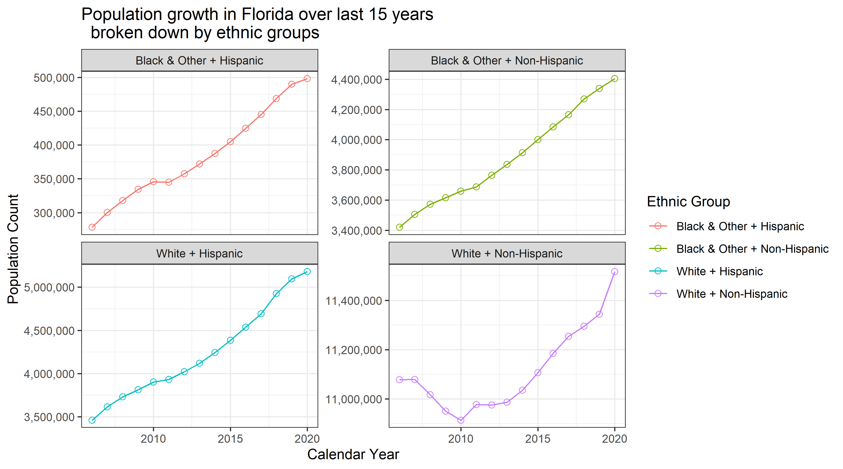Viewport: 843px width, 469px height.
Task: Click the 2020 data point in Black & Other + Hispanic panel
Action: (x=307, y=79)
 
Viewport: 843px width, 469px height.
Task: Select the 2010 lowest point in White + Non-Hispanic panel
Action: (x=461, y=420)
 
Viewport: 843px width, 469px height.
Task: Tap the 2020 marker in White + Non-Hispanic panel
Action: (x=615, y=272)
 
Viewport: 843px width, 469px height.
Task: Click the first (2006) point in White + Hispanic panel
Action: (x=92, y=420)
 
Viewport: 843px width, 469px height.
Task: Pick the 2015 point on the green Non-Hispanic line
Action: (x=538, y=140)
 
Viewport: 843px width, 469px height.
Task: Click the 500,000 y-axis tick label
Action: (x=54, y=78)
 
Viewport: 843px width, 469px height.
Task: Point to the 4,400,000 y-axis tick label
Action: (x=356, y=80)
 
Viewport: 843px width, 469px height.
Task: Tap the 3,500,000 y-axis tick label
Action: (x=49, y=417)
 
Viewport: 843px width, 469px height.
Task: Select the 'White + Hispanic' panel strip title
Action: (x=199, y=254)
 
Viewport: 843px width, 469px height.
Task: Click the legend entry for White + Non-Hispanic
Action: (x=732, y=294)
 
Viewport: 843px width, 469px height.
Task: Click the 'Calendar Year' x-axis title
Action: (x=353, y=454)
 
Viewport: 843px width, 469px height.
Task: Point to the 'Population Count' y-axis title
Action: (x=13, y=249)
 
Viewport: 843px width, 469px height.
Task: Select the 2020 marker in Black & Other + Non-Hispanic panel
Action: (x=615, y=79)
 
